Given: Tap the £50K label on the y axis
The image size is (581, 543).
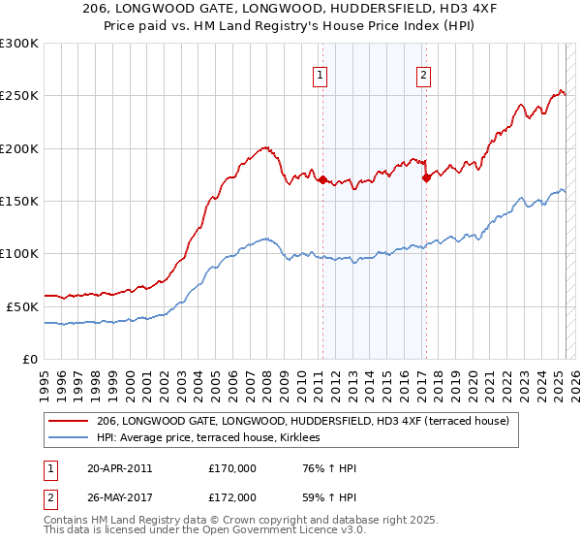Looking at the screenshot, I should (x=23, y=306).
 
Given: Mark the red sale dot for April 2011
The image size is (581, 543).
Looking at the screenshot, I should (x=322, y=180).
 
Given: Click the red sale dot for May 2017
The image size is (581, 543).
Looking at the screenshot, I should (x=426, y=178).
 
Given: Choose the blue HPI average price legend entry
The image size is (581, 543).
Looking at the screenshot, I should (x=214, y=437).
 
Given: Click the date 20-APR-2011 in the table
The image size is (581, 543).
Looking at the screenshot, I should (x=119, y=468).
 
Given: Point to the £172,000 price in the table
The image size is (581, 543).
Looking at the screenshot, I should (x=232, y=496).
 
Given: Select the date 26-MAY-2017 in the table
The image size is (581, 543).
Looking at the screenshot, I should (x=119, y=496).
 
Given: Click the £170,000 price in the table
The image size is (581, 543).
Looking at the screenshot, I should (x=232, y=468).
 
